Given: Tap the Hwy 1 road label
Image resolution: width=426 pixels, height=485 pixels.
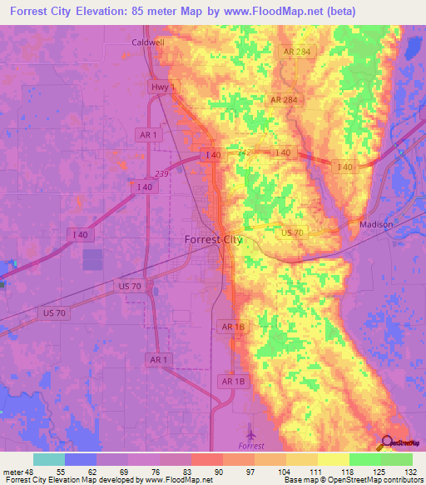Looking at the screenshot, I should (160, 87).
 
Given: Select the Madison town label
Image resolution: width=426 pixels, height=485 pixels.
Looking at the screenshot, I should (375, 225).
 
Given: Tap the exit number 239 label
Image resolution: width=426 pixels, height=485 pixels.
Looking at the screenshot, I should (161, 173).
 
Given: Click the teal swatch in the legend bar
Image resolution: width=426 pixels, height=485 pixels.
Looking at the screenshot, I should (49, 459).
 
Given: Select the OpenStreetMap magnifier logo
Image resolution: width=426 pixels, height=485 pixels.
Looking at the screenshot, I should (387, 442).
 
